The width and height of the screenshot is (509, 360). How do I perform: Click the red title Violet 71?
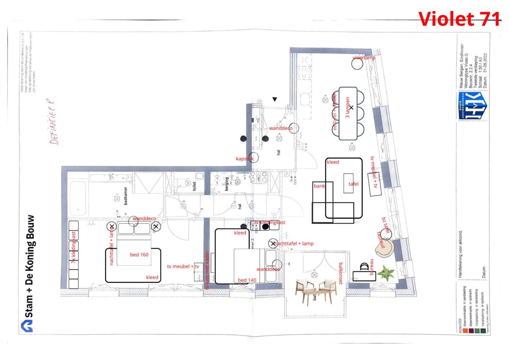pyautogui.click(x=459, y=18)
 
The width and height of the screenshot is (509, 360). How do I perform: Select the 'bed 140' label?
pyautogui.click(x=248, y=280)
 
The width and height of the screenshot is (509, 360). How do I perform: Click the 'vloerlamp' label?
pyautogui.click(x=364, y=58)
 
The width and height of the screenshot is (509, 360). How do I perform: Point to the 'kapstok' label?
pyautogui.click(x=244, y=159)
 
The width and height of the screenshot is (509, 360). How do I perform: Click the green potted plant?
pyautogui.click(x=386, y=273)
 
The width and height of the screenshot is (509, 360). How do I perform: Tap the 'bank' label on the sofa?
pyautogui.click(x=319, y=186)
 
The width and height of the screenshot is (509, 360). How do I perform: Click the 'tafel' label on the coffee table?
pyautogui.click(x=353, y=184)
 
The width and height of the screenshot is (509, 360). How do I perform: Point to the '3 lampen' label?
pyautogui.click(x=347, y=108)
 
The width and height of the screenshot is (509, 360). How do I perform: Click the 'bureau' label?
pyautogui.click(x=372, y=268)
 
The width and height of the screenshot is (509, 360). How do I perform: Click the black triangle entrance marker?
pyautogui.click(x=275, y=99)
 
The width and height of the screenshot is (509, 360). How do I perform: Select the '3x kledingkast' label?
pyautogui.click(x=269, y=222)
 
